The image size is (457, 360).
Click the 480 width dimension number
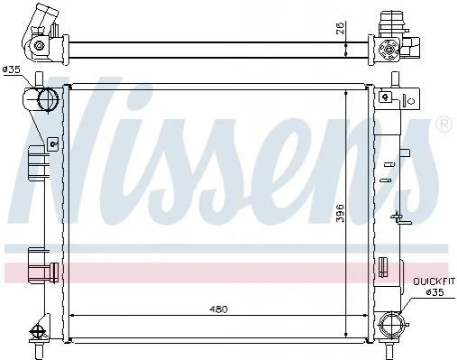(x=219, y=309)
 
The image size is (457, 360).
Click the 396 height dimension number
(x=340, y=213)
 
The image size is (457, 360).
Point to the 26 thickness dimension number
(x=340, y=28)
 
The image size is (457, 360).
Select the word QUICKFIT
(x=434, y=282)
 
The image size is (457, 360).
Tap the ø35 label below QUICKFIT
(x=435, y=292)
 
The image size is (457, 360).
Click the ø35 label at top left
(x=11, y=69)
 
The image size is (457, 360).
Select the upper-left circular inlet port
(x=48, y=99)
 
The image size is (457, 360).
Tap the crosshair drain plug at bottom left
(x=37, y=332)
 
